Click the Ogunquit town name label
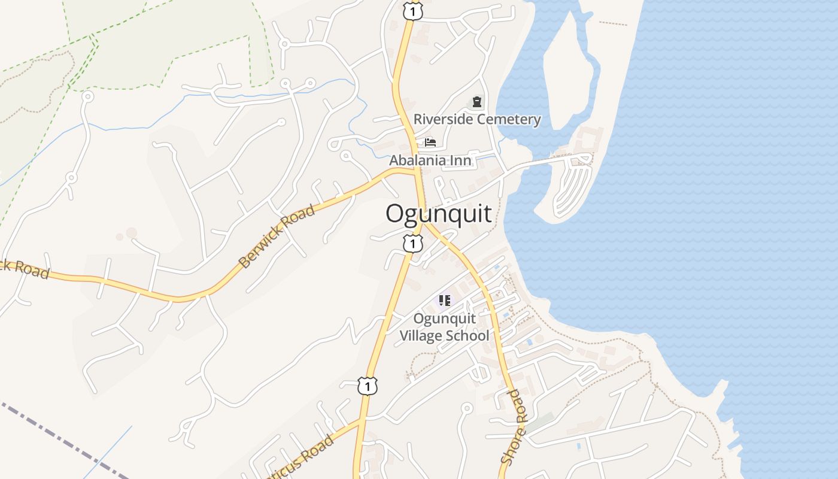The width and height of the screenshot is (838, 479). tap(439, 214)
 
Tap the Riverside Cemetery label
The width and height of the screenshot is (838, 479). tap(477, 119)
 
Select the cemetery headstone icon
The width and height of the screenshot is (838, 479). tap(476, 102)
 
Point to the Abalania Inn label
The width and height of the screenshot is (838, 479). tap(430, 160)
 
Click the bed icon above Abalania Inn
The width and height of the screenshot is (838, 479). tap(430, 143)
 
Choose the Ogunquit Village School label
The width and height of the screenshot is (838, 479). tap(444, 327)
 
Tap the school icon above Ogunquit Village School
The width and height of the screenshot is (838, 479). tap(444, 300)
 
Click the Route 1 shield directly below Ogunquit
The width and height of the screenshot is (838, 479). tap(412, 244)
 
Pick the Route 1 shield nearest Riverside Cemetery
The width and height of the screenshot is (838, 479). tap(412, 11)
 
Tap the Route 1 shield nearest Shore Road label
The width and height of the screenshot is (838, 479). tap(368, 386)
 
